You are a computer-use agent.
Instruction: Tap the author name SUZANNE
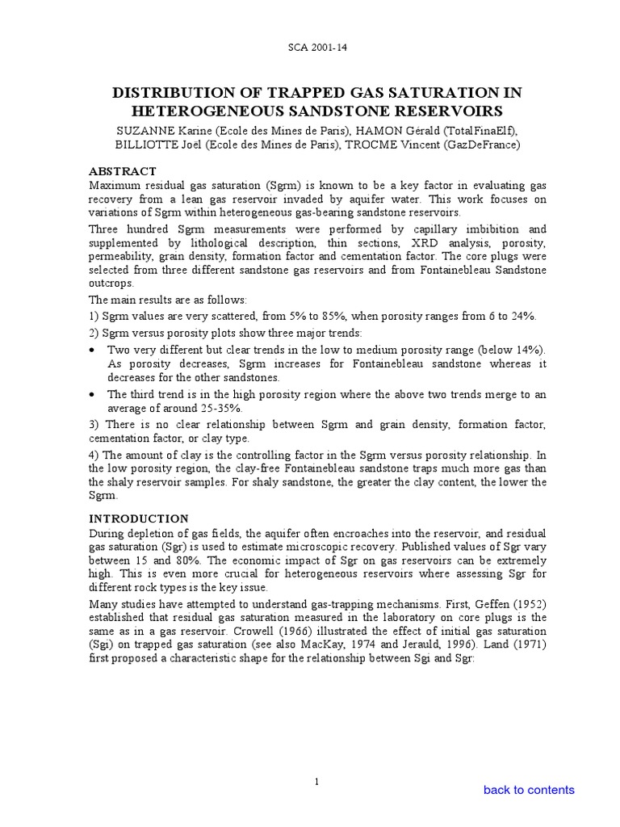pyautogui.click(x=142, y=129)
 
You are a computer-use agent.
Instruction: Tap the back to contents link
pyautogui.click(x=529, y=790)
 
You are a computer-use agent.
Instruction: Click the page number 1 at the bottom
pyautogui.click(x=317, y=782)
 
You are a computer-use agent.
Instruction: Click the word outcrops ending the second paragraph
pyautogui.click(x=111, y=284)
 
